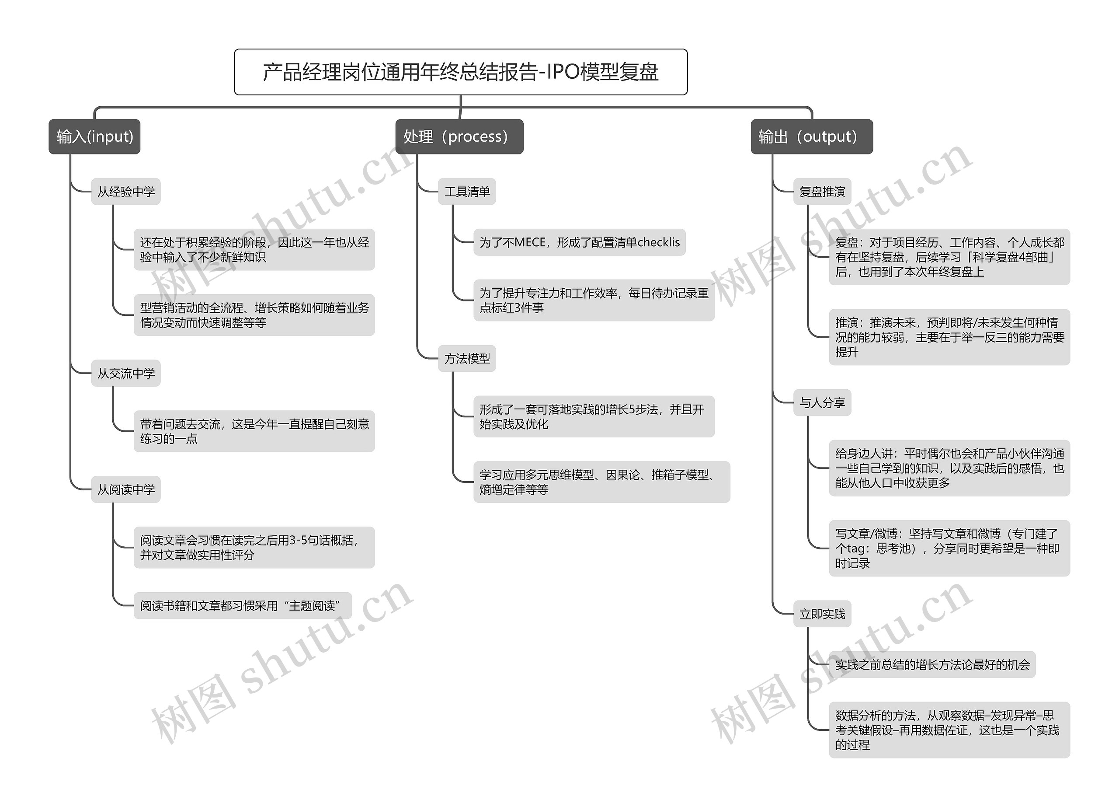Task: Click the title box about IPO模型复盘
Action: [x=460, y=72]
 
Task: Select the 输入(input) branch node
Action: [x=94, y=137]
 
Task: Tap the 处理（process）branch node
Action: [x=459, y=137]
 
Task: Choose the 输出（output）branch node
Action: [x=811, y=137]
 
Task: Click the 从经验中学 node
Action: [x=126, y=192]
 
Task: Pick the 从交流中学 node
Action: [x=126, y=373]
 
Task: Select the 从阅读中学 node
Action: [x=126, y=489]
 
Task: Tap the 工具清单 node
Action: [x=467, y=192]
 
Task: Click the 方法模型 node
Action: [x=467, y=358]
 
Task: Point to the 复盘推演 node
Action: [x=822, y=192]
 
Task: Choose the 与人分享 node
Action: [x=822, y=403]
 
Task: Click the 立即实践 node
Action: [x=822, y=614]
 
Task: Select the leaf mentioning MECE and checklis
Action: [x=579, y=242]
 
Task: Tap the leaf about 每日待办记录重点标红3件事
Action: [x=594, y=300]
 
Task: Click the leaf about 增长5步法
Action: [x=594, y=416]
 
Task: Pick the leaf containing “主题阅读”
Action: [x=242, y=606]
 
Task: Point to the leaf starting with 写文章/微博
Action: [x=949, y=548]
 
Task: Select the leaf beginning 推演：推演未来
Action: [x=949, y=337]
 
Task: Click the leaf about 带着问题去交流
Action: [x=254, y=431]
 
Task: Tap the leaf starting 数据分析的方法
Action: [x=949, y=730]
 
